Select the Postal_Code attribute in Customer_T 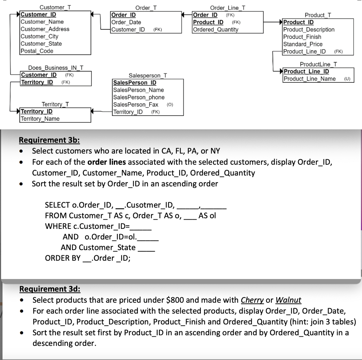(x=37, y=51)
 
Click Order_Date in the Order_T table (x=126, y=22)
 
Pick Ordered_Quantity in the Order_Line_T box (x=216, y=30)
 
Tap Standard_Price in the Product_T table (x=303, y=44)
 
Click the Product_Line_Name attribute (x=310, y=79)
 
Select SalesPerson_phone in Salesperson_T (x=139, y=97)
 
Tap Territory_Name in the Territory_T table (x=40, y=119)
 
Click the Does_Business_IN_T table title (x=56, y=68)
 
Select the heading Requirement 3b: (x=49, y=140)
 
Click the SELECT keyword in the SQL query (x=57, y=205)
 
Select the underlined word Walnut (x=288, y=300)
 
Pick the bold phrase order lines (x=107, y=162)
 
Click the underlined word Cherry (x=252, y=300)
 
